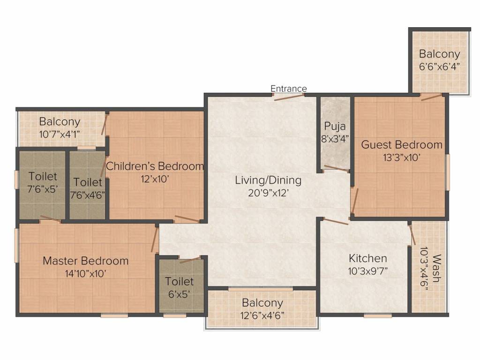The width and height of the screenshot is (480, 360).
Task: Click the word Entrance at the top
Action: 289,89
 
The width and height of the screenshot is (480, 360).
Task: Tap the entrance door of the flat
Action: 289,97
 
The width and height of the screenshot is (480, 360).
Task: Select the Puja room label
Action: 335,127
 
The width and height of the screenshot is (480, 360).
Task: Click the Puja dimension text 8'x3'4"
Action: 335,139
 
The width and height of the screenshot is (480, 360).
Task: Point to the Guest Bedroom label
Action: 402,144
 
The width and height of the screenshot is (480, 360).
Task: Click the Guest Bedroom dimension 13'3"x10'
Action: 402,157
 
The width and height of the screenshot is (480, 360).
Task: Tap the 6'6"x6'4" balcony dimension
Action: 440,67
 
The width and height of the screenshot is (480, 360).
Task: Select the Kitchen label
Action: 367,258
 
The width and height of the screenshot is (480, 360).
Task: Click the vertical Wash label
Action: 437,268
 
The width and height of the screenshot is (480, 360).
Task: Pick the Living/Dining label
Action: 268,180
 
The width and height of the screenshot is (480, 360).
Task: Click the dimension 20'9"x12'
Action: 269,193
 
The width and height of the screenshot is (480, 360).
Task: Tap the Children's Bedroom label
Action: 155,166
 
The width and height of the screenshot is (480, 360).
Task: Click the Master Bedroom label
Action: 86,261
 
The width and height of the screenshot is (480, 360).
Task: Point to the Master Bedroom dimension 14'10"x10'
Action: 86,273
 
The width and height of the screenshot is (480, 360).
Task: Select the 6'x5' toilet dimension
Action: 179,294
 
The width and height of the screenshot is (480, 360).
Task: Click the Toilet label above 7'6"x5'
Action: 43,176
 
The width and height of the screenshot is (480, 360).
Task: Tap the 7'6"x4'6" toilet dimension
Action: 88,195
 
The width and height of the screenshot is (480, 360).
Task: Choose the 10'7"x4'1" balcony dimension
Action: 60,134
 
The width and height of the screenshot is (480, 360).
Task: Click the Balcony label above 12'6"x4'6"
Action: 262,303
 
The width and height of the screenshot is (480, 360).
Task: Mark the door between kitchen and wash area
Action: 412,234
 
